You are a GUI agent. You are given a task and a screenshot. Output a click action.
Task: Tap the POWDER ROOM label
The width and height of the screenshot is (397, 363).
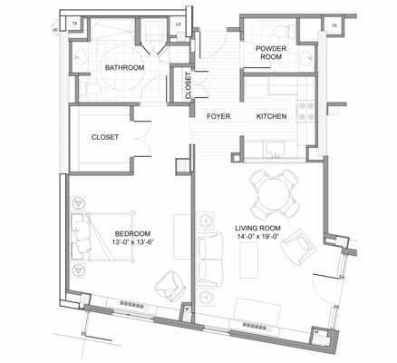271,52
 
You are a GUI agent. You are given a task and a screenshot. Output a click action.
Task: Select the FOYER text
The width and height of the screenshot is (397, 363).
218,116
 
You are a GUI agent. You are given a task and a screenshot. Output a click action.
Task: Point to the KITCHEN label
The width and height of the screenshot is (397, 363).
271,116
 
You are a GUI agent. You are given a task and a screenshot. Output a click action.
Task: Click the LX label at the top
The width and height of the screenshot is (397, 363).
178,24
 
